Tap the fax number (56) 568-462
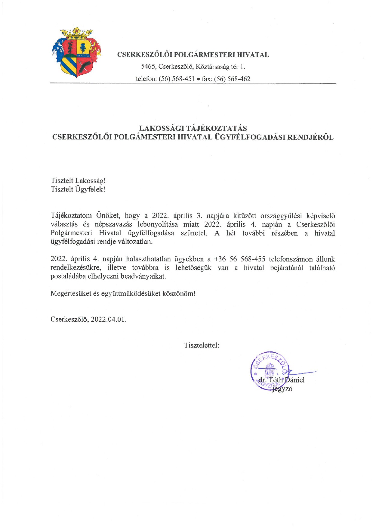click(x=232, y=79)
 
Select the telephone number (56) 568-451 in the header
click(x=177, y=79)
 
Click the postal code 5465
click(x=148, y=67)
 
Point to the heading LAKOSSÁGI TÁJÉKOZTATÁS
click(x=193, y=128)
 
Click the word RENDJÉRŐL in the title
click(x=310, y=137)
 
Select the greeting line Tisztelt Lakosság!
click(x=78, y=181)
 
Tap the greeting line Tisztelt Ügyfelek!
click(x=78, y=189)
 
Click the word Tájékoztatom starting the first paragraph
click(x=71, y=216)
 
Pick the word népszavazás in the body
click(x=113, y=224)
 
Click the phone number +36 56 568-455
click(x=239, y=259)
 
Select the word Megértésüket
click(x=70, y=294)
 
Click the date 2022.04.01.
click(x=109, y=320)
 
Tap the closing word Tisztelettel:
click(x=201, y=345)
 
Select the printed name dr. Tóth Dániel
click(x=282, y=380)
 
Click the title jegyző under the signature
click(x=282, y=389)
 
